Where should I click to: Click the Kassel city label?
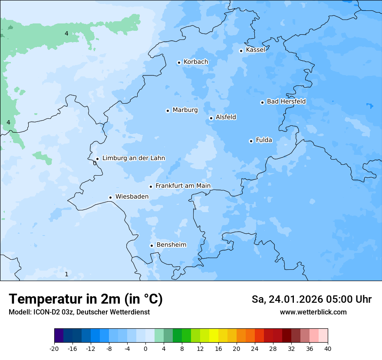click(255, 50)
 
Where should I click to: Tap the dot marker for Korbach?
click(179, 62)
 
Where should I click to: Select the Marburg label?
click(185, 110)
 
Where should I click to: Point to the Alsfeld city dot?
click(211, 118)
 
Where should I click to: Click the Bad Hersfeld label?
click(286, 101)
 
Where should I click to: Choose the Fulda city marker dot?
click(251, 141)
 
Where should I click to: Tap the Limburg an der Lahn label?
click(133, 158)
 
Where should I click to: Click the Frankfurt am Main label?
click(183, 186)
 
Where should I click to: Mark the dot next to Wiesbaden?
click(110, 197)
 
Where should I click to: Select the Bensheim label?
click(171, 245)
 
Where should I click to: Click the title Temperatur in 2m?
click(86, 299)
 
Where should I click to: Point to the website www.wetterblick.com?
click(313, 312)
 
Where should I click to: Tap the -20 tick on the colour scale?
click(54, 348)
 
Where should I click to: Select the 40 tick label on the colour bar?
click(328, 348)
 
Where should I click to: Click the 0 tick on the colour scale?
click(145, 348)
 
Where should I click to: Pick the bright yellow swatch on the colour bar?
click(214, 336)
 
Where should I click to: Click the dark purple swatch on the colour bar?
click(59, 336)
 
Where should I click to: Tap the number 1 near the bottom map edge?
click(66, 274)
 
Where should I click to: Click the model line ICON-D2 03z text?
click(79, 312)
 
